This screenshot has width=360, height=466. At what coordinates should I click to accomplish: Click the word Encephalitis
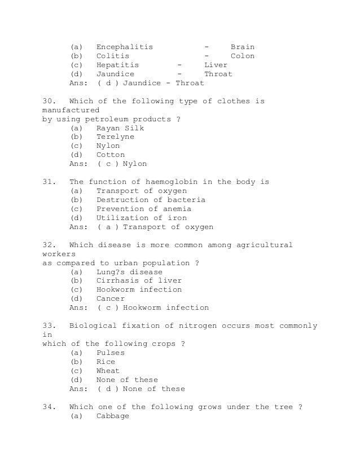pyautogui.click(x=124, y=47)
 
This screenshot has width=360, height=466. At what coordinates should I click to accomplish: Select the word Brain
pyautogui.click(x=243, y=47)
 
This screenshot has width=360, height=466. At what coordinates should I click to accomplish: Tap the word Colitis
pyautogui.click(x=113, y=56)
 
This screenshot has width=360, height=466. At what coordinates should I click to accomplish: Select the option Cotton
pyautogui.click(x=111, y=155)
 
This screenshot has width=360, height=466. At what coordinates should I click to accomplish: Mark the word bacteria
pyautogui.click(x=186, y=200)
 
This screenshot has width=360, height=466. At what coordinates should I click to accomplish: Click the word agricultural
pyautogui.click(x=261, y=245)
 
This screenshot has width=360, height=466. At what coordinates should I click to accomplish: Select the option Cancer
pyautogui.click(x=111, y=298)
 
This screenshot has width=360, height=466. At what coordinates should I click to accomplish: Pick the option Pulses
pyautogui.click(x=111, y=353)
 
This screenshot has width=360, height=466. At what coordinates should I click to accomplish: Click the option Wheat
pyautogui.click(x=108, y=371)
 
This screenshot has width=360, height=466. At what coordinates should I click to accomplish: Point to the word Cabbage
pyautogui.click(x=113, y=416)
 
